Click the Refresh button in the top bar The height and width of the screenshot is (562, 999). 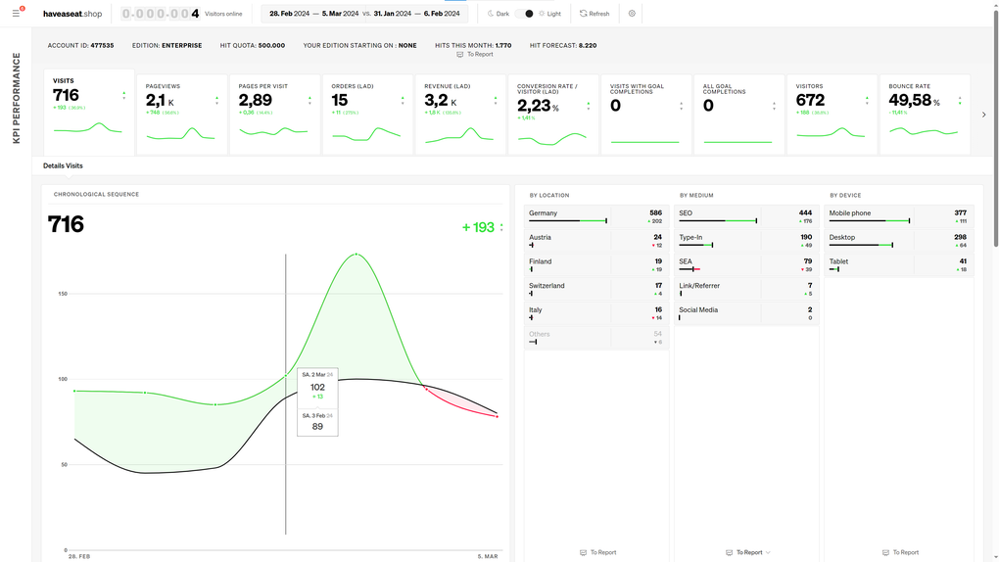(x=594, y=14)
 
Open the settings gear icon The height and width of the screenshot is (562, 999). (x=632, y=14)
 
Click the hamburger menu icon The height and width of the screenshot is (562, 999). (x=16, y=14)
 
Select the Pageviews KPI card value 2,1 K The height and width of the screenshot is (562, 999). (x=160, y=100)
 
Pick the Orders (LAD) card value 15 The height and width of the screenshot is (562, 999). (x=340, y=100)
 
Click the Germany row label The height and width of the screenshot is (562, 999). (x=543, y=212)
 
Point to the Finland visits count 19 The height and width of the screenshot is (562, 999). (x=658, y=260)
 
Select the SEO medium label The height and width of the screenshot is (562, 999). (x=686, y=212)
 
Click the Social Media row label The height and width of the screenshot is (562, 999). (x=698, y=309)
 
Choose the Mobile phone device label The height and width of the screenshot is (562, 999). (x=850, y=212)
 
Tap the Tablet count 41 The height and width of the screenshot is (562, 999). (x=963, y=260)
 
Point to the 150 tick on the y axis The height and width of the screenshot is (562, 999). (x=63, y=293)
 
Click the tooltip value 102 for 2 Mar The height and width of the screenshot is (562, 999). (x=317, y=387)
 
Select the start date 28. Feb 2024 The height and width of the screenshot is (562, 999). (x=291, y=14)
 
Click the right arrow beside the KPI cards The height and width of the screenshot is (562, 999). (x=984, y=115)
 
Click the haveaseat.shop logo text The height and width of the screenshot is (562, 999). (x=72, y=14)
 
